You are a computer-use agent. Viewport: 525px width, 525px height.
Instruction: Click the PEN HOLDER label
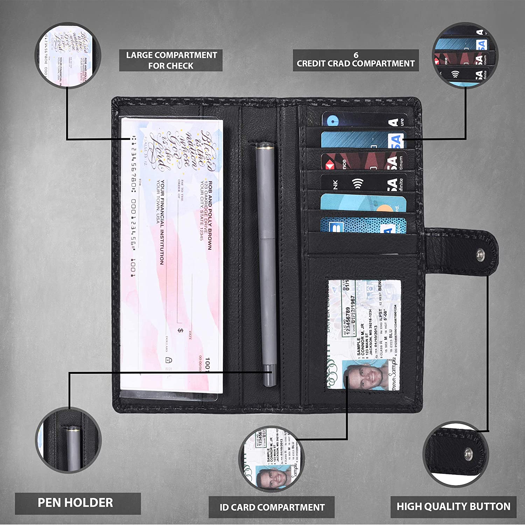pos(75,503)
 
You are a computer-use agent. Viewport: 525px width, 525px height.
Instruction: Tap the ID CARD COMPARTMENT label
pos(272,507)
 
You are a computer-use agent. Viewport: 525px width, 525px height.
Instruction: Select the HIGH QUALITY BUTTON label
pos(453,506)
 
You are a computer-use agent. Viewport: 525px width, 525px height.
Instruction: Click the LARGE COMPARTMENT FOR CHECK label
pos(171,60)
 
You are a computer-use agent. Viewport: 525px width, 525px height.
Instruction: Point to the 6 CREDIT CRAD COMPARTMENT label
pos(356,60)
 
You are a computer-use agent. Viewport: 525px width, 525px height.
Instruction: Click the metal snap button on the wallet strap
pos(481,252)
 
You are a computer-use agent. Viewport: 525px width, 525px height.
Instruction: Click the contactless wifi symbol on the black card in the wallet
pos(358,183)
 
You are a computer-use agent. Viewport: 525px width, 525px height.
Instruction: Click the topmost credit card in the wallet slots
pos(364,119)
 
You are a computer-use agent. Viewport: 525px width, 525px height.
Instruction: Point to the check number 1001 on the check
pos(207,364)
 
